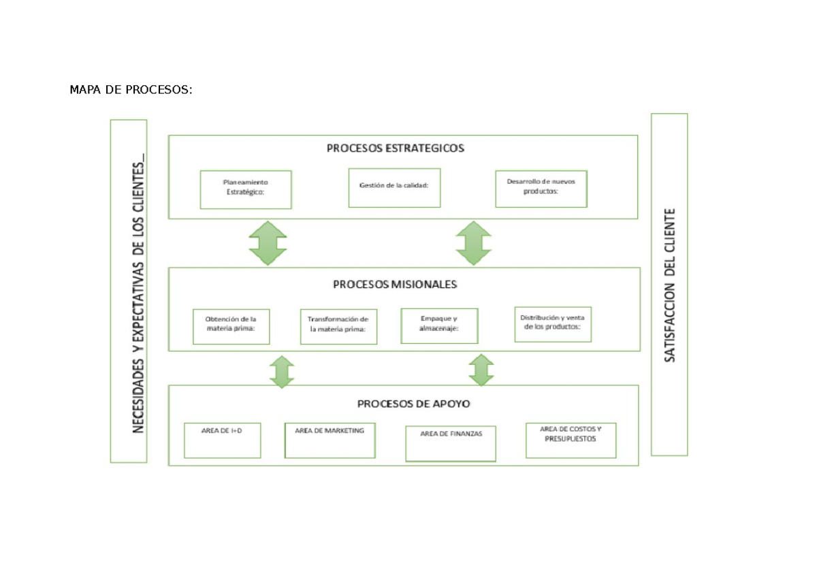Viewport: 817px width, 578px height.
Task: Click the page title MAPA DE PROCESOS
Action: [x=131, y=91]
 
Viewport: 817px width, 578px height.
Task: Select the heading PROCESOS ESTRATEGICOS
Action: [x=395, y=148]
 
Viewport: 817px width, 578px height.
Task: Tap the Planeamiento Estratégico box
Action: [x=246, y=189]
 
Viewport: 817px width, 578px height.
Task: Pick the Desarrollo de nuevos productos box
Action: [x=541, y=188]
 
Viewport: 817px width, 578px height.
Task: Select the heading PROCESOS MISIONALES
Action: [x=395, y=285]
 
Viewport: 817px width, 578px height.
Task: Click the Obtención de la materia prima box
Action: [x=231, y=326]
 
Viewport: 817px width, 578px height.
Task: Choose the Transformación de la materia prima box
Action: [x=338, y=326]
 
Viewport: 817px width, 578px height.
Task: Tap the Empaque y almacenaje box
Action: [x=439, y=325]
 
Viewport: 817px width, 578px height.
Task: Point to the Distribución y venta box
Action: [x=553, y=323]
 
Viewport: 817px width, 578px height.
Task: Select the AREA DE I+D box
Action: [x=222, y=440]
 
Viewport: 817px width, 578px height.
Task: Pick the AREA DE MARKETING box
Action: [x=330, y=440]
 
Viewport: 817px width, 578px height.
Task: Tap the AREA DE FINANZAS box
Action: [x=451, y=443]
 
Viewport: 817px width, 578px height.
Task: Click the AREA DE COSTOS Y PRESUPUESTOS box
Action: [x=571, y=439]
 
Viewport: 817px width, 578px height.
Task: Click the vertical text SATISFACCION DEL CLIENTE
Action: [x=670, y=285]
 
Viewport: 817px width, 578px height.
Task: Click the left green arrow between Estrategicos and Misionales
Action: [x=268, y=243]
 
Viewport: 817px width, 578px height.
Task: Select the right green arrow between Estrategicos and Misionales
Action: [x=473, y=243]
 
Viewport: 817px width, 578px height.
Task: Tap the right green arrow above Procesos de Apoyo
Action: [x=481, y=371]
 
